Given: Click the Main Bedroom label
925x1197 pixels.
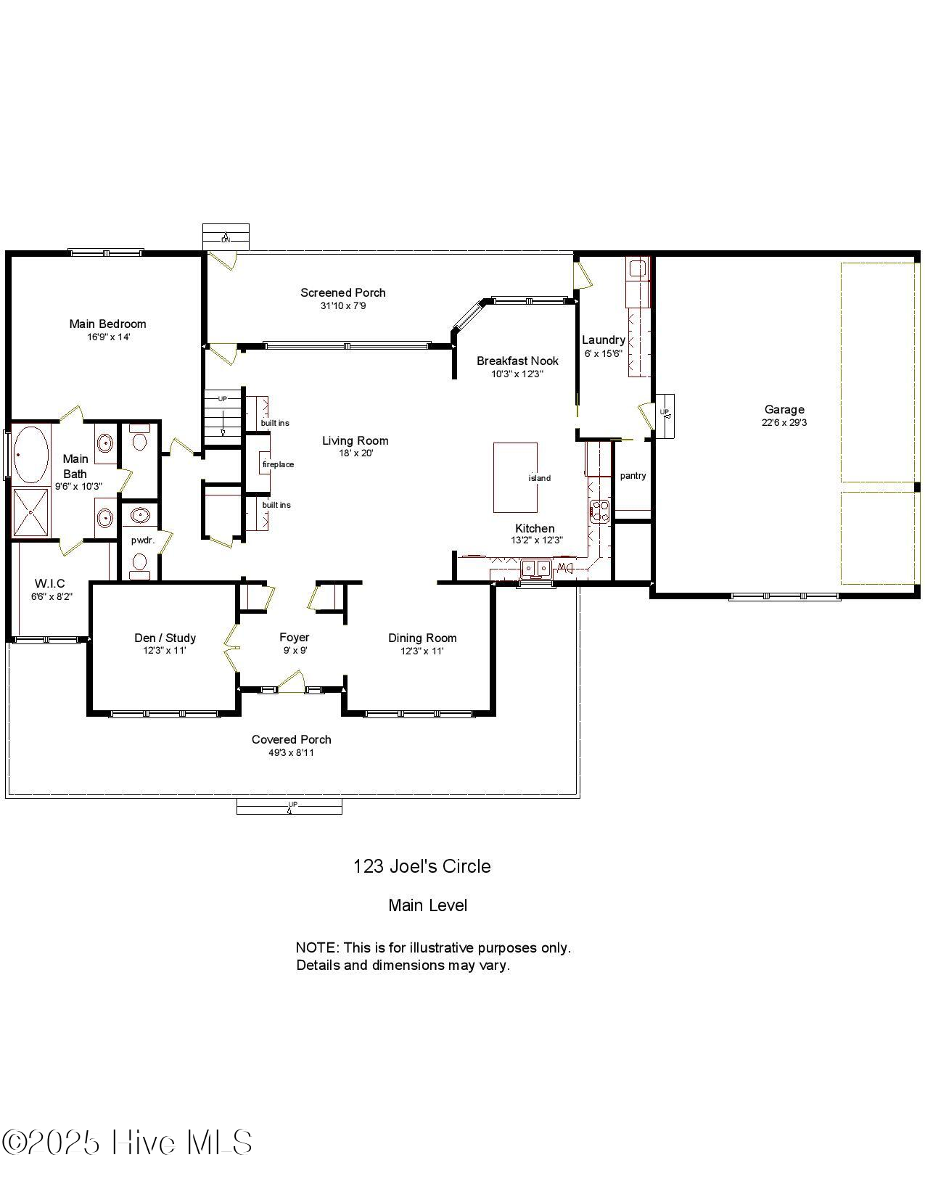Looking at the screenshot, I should coord(107,324).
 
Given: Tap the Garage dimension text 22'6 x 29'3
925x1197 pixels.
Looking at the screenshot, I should coord(784,423).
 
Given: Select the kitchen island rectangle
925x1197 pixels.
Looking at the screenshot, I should coord(515,477).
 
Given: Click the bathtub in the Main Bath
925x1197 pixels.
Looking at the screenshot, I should coord(30,455).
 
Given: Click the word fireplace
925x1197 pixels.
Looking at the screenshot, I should coord(278,464).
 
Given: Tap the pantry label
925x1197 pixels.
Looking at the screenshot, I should coord(633,476).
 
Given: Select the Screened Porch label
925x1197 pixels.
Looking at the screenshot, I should coord(343,293).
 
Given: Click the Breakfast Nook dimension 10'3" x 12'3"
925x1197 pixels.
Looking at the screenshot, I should coord(517,374).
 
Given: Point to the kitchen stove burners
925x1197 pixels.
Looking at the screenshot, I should coord(599,511).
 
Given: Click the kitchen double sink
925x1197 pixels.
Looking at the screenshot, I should coord(536,567).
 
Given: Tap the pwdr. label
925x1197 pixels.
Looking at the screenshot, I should coord(142,540).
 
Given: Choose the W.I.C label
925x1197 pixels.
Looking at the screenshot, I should coord(50,583).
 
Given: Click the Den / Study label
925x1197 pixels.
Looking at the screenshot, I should coord(165,638).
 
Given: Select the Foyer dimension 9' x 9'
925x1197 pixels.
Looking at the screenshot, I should coord(294,651).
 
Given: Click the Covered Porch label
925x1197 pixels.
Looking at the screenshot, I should coord(291,740).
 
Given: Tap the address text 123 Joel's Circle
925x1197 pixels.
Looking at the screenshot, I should coord(422,867).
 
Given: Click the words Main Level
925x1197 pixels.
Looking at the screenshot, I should coord(427,905).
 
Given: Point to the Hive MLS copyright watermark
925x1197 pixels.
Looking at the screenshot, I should coord(127,1143).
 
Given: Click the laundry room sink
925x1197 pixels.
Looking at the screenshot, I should coord(637,268).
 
